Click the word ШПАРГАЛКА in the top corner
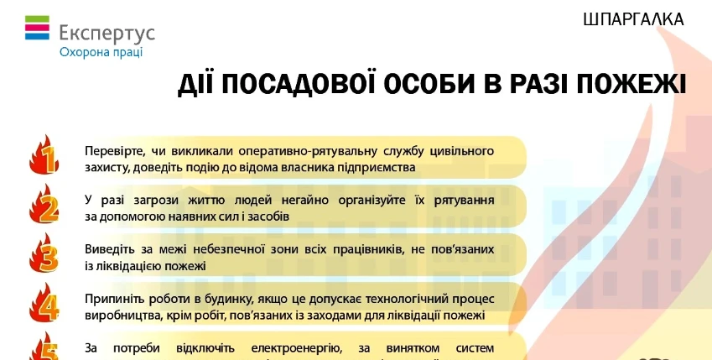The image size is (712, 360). coord(633,18)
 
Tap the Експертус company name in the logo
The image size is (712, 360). coord(107,34)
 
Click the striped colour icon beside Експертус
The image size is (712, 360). coord(37,32)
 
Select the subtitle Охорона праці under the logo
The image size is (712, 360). coord(101,52)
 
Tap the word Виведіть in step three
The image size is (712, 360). coord(110,250)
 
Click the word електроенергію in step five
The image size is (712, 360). coord(295,348)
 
